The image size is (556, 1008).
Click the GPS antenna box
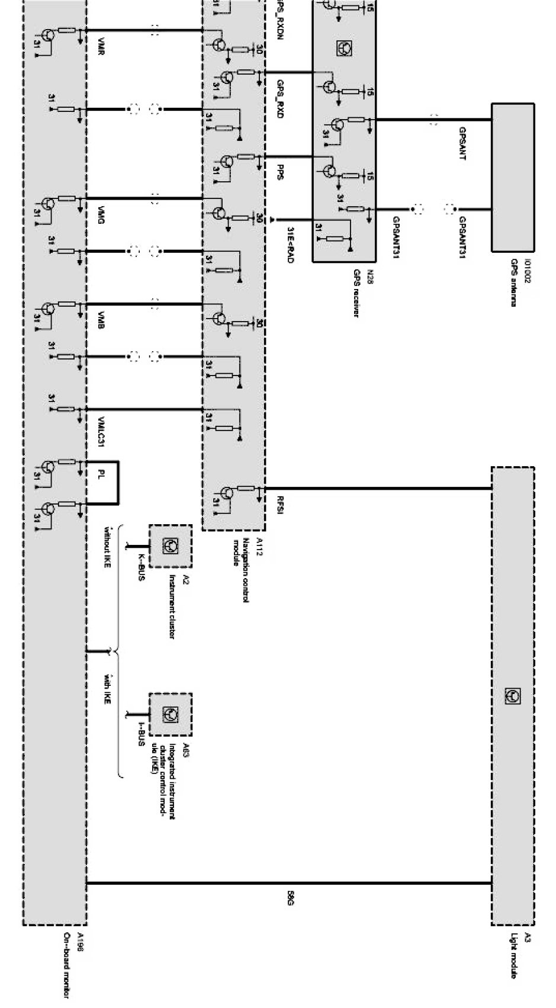coord(513,178)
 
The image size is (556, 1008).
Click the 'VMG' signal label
coord(102,216)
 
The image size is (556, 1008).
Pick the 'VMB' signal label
coord(102,320)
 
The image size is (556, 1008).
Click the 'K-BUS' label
coord(141,567)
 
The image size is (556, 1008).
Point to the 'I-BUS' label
coord(141,733)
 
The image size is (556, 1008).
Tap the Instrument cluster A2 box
coord(170,545)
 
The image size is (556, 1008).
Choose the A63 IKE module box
coord(170,714)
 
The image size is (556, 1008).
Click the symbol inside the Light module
coord(513,696)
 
